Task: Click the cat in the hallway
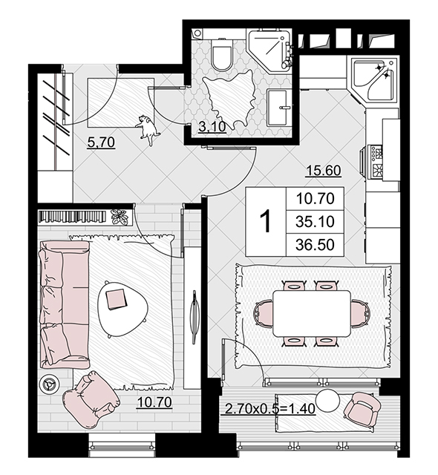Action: pos(148,129)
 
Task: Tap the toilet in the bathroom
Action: pos(222,54)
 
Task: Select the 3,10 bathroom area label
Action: pos(212,127)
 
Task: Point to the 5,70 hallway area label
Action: pos(101,142)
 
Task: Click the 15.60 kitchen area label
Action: pos(324,171)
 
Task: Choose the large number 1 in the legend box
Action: pos(266,221)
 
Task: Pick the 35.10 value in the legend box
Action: pos(315,221)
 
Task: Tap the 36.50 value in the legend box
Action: pos(315,244)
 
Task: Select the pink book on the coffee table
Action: pos(116,299)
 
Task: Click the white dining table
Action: pos(312,313)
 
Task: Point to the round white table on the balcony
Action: pos(327,401)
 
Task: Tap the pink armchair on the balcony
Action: pos(362,410)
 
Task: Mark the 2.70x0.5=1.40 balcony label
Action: pos(270,409)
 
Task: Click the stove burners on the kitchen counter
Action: pos(376,161)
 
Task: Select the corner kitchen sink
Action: pos(375,79)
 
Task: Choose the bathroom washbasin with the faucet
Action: pos(278,107)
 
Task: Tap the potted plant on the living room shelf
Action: pos(120,217)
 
